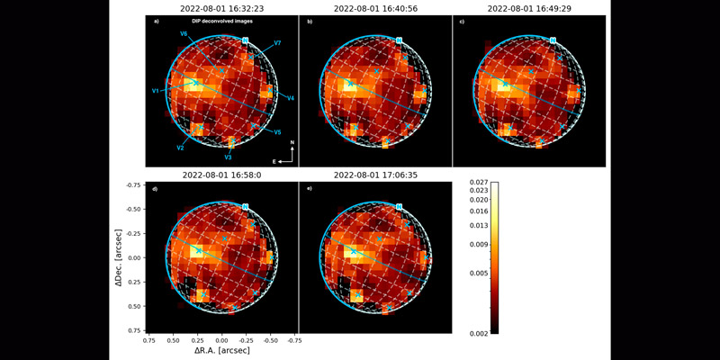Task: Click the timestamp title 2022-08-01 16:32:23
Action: tap(221, 8)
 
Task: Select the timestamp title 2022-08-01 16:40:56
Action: tap(374, 8)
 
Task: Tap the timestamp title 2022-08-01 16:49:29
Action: tap(527, 8)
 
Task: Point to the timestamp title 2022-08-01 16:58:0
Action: tap(221, 175)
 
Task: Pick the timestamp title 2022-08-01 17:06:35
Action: tap(374, 175)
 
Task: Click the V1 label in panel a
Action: tap(156, 91)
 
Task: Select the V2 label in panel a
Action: tap(181, 148)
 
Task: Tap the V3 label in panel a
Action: tap(229, 157)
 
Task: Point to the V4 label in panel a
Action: tap(292, 97)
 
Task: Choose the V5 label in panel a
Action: tap(278, 131)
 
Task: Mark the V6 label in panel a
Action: tap(184, 33)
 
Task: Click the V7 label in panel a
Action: tap(278, 43)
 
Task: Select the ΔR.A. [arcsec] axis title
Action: tap(221, 350)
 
